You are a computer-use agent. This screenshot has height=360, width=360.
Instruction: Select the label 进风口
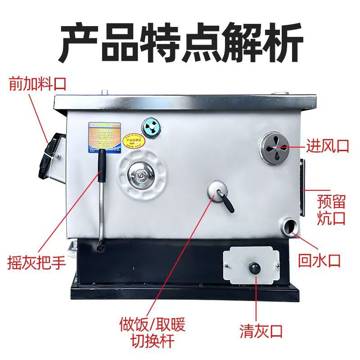click(327, 146)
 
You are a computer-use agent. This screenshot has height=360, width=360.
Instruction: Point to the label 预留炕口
click(331, 209)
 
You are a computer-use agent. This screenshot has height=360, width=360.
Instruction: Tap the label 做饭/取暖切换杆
click(153, 332)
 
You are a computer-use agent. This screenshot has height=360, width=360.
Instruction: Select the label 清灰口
click(261, 333)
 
